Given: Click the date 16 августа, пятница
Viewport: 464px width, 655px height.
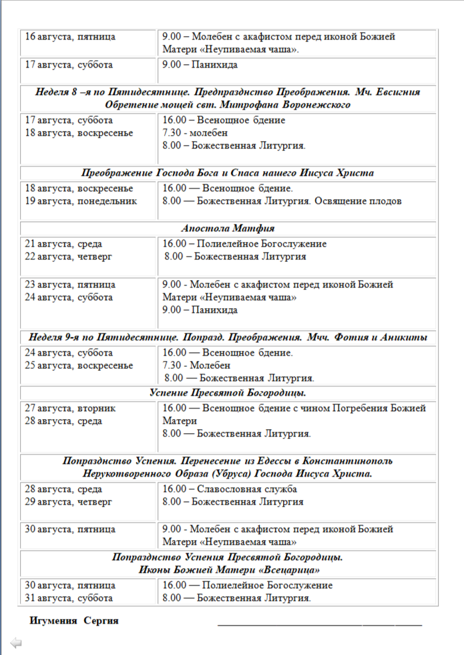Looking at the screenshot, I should pos(70,37).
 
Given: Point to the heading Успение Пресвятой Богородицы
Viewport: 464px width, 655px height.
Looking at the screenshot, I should pos(228,393).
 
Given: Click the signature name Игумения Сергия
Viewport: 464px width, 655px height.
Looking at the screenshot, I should pos(74,621).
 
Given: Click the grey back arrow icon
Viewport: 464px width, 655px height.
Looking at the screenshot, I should pos(16,643).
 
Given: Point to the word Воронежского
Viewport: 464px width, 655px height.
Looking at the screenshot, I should pos(311,105).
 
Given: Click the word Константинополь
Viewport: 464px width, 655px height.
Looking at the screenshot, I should pos(348,461).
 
